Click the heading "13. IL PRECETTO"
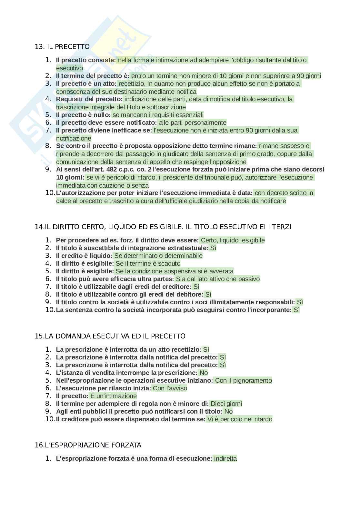[62, 47]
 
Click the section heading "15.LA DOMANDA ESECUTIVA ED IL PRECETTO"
[110, 336]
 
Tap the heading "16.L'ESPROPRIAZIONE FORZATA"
[88, 445]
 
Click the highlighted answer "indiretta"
[225, 458]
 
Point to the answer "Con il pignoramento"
[243, 380]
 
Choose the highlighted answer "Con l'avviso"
[170, 388]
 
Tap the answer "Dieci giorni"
[226, 404]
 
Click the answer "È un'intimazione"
[113, 396]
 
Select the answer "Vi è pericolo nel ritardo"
[240, 419]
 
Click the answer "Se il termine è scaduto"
[148, 263]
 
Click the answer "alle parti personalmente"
[193, 122]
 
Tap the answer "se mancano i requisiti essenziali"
[158, 115]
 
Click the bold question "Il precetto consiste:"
[86, 60]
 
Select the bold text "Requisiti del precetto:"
[89, 99]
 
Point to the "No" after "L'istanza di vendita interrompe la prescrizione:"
[204, 373]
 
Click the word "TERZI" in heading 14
[282, 227]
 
